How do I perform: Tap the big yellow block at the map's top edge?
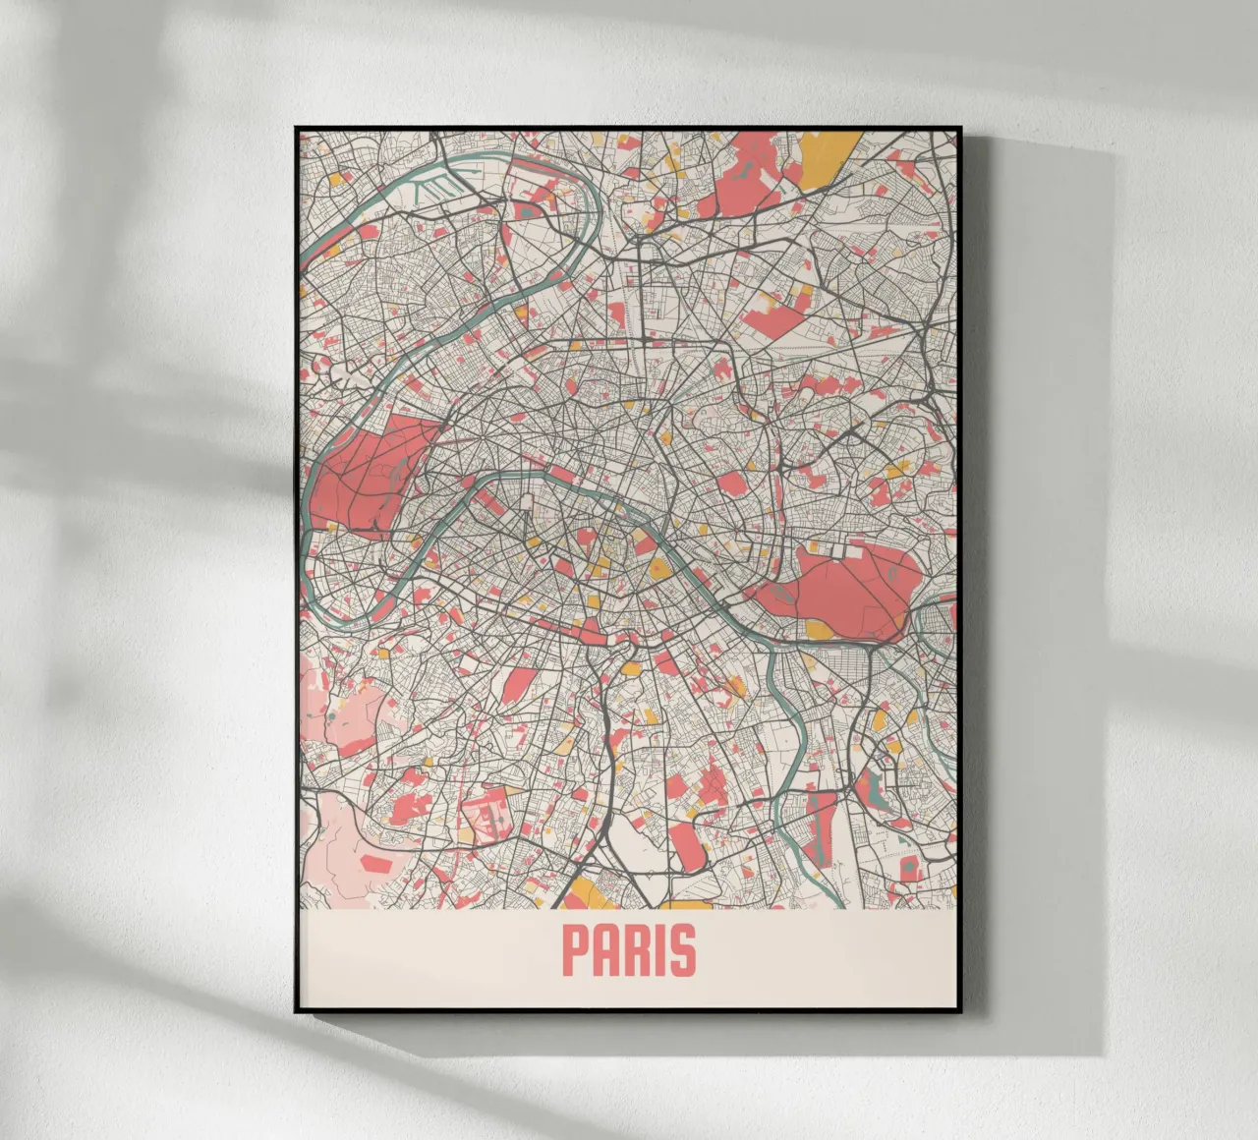[824, 157]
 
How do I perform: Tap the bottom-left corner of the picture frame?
[296, 1012]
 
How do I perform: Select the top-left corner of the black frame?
[296, 129]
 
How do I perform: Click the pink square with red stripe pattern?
[487, 816]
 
